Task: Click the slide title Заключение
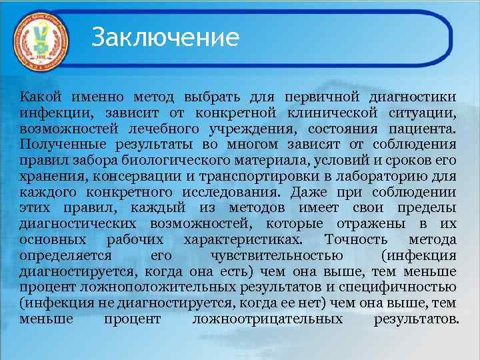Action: pos(165,37)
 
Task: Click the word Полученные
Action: pos(57,144)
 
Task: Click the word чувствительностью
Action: pos(276,256)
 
